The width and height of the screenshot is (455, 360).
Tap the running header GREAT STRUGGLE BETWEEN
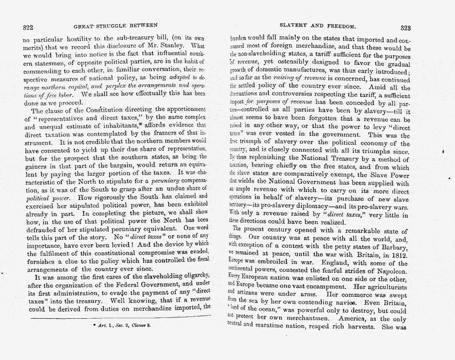[x=115, y=25]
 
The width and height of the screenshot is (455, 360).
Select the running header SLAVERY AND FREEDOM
[x=318, y=26]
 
